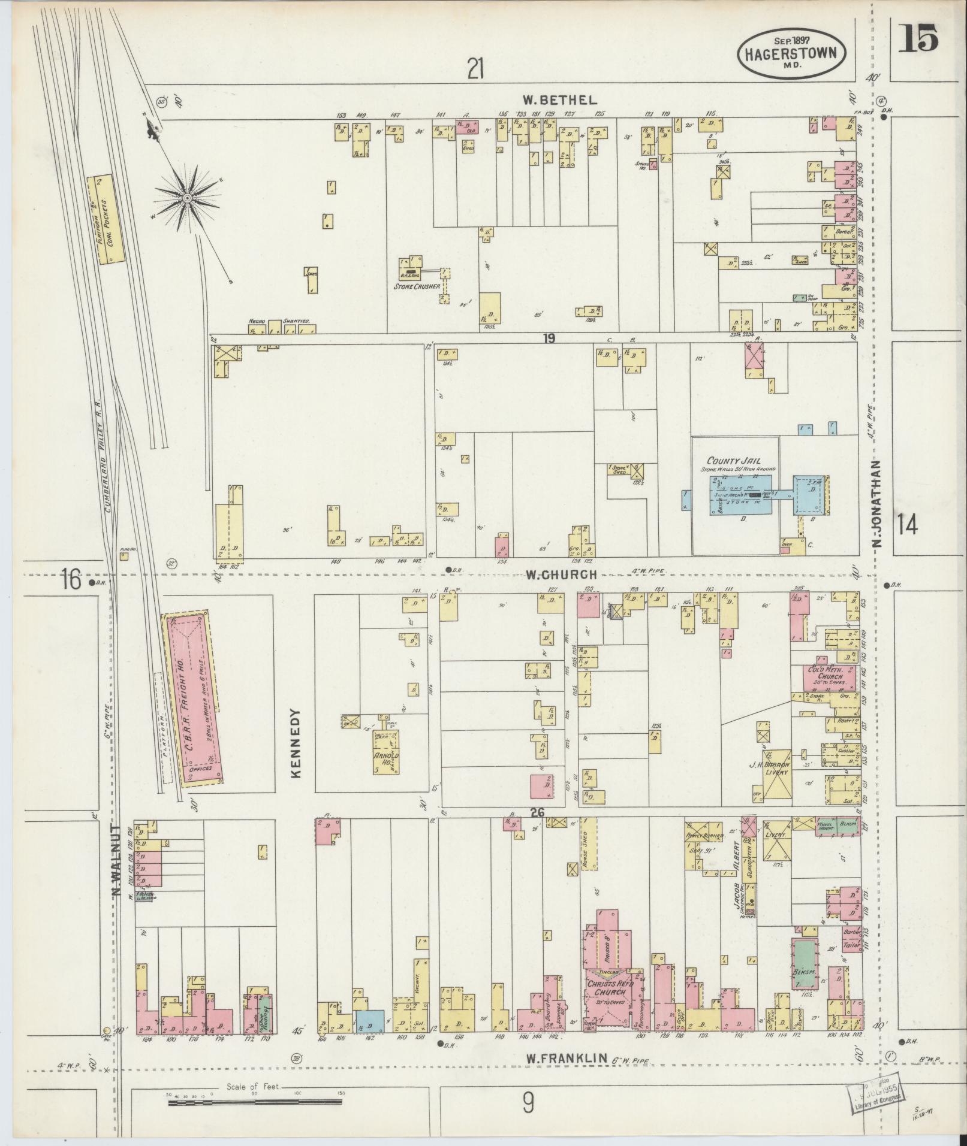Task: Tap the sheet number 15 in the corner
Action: pos(918,40)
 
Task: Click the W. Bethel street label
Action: pos(559,99)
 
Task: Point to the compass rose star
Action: pos(188,197)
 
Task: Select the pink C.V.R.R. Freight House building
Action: pos(193,696)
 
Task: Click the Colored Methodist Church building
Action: pos(825,676)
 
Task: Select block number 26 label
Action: pos(537,812)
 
